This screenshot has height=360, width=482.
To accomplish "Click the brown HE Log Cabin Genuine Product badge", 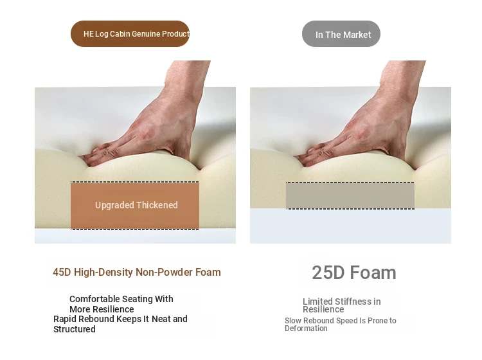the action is pos(130,34).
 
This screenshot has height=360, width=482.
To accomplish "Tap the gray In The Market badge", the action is pos(341,34).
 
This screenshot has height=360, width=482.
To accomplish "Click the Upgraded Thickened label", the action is pos(136,205).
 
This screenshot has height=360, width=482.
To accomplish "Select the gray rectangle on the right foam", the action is pos(350,195).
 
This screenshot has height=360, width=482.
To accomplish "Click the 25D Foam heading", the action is pos(354,273).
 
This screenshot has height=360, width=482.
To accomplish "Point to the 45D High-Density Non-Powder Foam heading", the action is pos(137,273).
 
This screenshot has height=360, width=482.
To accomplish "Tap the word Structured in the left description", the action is pos(75,329).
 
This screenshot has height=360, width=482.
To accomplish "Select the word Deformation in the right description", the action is pos(306,328).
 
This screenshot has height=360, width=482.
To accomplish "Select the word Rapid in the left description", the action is pos(64,319).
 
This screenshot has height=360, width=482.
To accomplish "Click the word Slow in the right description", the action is pos(293,321).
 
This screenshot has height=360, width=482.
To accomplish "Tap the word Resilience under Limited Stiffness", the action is pos(323,310).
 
